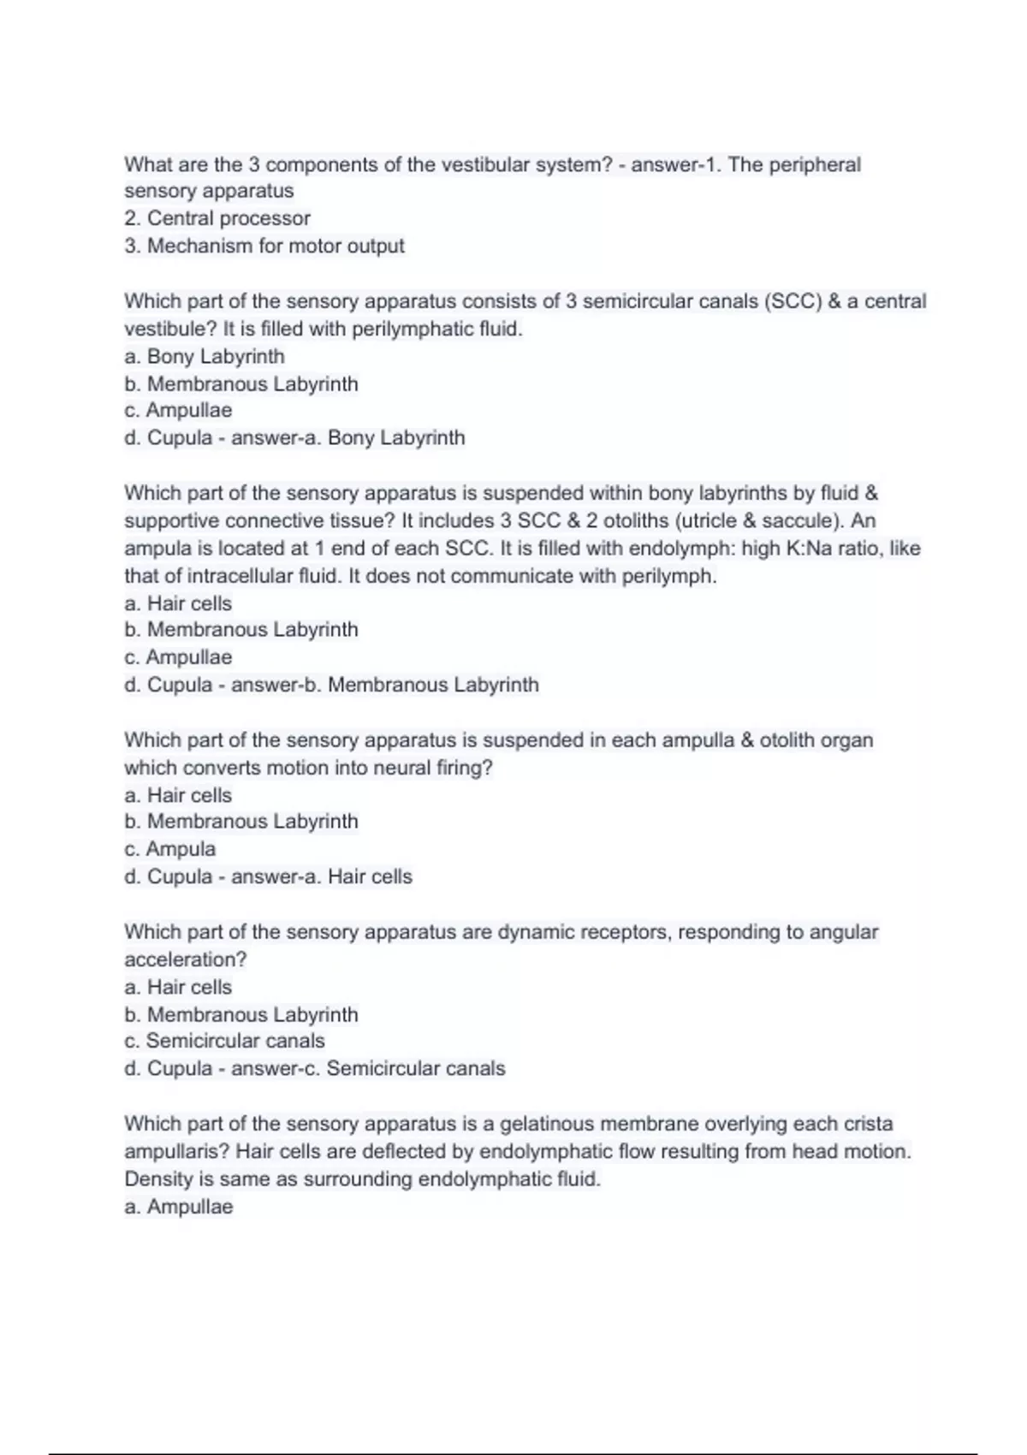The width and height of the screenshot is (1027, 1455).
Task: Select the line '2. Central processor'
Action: click(217, 218)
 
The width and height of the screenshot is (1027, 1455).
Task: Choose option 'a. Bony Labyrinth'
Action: click(205, 356)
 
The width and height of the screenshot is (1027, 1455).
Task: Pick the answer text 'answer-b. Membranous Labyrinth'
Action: click(385, 685)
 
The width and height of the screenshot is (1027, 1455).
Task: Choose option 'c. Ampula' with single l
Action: click(170, 849)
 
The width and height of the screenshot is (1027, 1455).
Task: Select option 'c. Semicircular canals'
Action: click(224, 1041)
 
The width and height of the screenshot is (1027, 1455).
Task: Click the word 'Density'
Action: click(158, 1179)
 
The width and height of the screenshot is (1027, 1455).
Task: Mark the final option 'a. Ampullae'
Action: click(179, 1207)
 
